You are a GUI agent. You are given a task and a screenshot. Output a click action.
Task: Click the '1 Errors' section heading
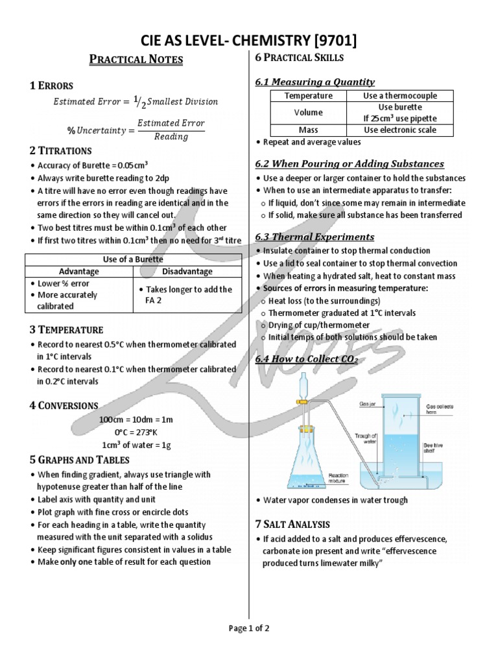click(51, 86)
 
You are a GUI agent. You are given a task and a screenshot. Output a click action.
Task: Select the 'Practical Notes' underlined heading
click(136, 60)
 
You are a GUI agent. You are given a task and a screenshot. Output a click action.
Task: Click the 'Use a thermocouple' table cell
click(400, 95)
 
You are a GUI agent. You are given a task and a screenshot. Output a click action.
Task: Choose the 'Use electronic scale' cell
click(400, 130)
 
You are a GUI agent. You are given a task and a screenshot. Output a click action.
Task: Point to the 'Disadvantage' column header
click(184, 271)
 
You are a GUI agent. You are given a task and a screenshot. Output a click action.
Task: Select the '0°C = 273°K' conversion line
click(136, 432)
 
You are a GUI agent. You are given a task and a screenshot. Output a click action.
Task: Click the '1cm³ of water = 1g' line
click(136, 444)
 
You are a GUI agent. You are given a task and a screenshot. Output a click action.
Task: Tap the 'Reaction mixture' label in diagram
click(338, 479)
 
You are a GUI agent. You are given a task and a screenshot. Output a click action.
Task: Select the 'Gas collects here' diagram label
click(440, 409)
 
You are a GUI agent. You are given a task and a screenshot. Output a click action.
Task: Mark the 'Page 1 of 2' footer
click(249, 628)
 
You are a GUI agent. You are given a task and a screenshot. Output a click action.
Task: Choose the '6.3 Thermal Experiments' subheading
click(314, 237)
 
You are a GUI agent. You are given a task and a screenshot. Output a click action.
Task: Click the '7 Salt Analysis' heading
click(293, 524)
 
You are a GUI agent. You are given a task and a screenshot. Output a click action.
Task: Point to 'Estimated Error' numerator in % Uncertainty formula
click(172, 123)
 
